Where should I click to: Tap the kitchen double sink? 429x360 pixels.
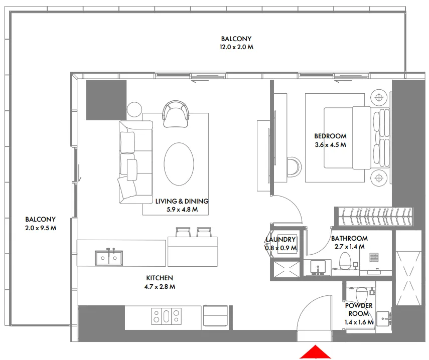pos(109,258)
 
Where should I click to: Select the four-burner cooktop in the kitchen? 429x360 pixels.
pos(166,316)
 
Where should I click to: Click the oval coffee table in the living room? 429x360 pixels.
pos(179,164)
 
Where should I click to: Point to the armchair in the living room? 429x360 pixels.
pos(175,113)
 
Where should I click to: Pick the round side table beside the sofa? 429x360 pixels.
pos(134,109)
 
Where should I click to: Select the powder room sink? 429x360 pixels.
pos(384,317)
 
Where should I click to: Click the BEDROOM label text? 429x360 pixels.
pos(330,136)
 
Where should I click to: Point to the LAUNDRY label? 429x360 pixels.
pos(280,240)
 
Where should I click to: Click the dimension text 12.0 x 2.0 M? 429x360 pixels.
pos(236,47)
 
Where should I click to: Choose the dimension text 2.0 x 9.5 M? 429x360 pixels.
pos(40,228)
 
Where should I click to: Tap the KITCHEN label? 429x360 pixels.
pos(160,278)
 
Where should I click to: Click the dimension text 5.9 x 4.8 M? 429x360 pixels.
pos(182,210)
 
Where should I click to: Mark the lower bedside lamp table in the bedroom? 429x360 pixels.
pos(379,176)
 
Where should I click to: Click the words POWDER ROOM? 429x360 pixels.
pos(358,310)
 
